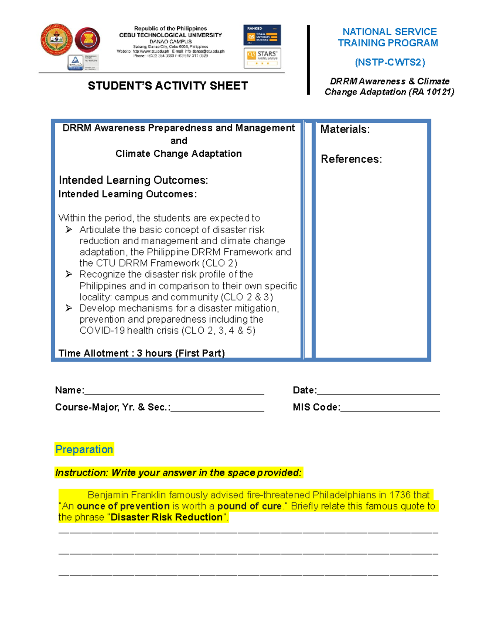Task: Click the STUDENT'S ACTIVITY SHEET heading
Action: tap(168, 86)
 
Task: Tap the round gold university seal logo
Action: tap(56, 40)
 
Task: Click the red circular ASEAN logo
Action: tap(88, 40)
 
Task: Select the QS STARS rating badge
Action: tap(262, 58)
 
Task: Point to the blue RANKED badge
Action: tap(262, 35)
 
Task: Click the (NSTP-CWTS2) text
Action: tap(390, 62)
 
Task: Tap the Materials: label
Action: tap(345, 129)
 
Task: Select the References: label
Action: tap(351, 159)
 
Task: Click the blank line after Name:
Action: tap(174, 391)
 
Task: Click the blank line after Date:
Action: tap(378, 391)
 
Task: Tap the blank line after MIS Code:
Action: tap(390, 408)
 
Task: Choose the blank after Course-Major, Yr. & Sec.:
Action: tap(217, 408)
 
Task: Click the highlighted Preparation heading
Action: tap(84, 450)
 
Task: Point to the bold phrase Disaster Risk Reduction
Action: tap(167, 518)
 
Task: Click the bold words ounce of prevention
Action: tap(123, 506)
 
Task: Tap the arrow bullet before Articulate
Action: tap(69, 230)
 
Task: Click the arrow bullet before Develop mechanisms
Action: tap(69, 308)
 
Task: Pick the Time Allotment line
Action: tap(142, 353)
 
